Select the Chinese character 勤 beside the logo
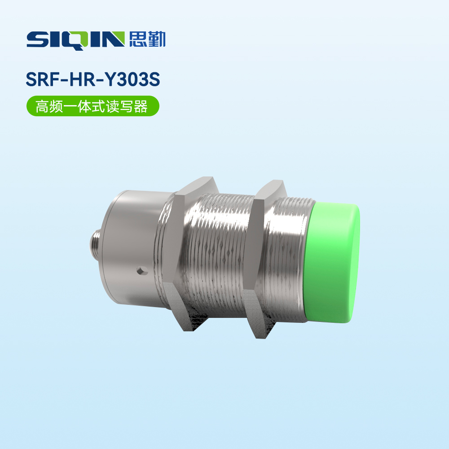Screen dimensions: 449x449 click(x=156, y=40)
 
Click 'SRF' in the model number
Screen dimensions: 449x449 click(x=42, y=79)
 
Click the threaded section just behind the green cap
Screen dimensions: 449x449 click(x=292, y=260)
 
